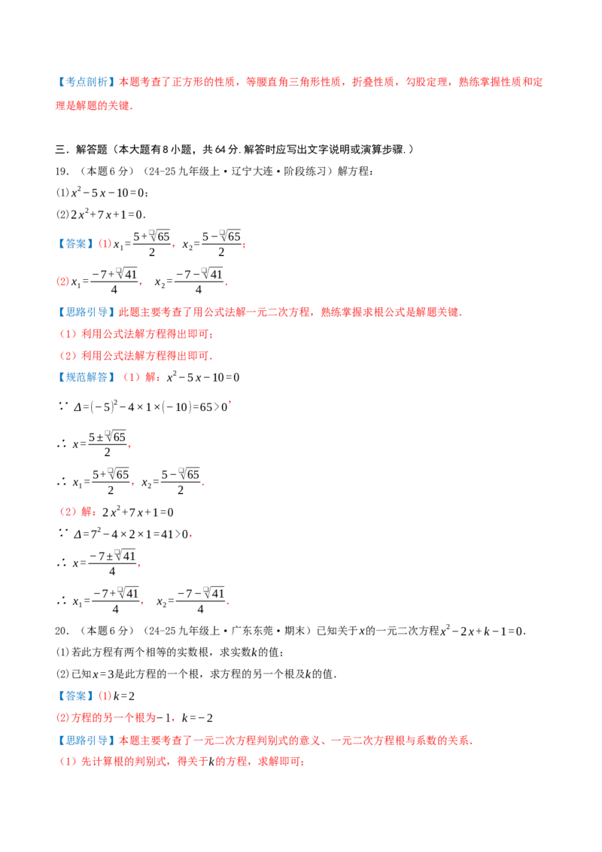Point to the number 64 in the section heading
click(x=221, y=150)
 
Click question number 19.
click(x=62, y=171)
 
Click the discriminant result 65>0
click(x=213, y=407)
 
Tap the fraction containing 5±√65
click(x=108, y=444)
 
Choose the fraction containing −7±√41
click(x=112, y=563)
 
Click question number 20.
click(x=62, y=631)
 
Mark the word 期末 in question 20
click(x=294, y=631)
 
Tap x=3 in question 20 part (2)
click(x=103, y=674)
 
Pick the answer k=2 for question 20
click(x=124, y=696)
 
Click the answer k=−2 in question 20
click(x=197, y=718)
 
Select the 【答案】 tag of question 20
click(x=76, y=696)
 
